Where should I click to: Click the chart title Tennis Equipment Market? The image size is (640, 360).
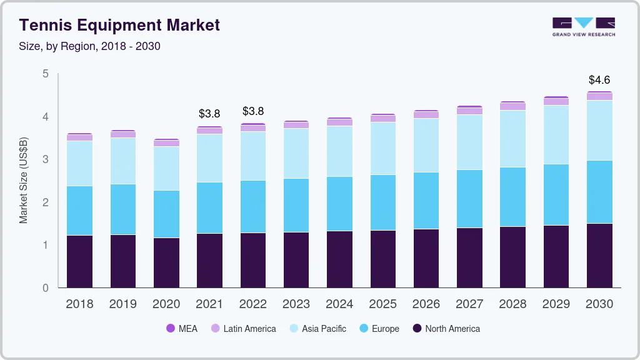(x=119, y=25)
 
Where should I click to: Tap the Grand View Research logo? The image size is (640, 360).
(x=583, y=26)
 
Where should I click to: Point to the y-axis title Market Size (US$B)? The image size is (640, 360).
(x=24, y=181)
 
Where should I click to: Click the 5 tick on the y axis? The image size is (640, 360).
(x=45, y=74)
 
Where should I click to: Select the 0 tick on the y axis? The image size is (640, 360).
(x=45, y=288)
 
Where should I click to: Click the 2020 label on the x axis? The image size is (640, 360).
(x=166, y=304)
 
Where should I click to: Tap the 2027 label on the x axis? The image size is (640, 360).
(x=469, y=304)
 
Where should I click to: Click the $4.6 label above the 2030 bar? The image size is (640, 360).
(x=599, y=80)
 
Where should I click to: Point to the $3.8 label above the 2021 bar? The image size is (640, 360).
(x=209, y=114)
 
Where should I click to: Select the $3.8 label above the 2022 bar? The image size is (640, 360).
(x=253, y=111)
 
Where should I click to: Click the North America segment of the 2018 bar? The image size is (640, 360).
(x=80, y=261)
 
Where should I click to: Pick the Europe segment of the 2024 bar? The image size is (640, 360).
(x=340, y=204)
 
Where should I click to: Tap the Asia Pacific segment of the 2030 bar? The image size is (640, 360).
(x=599, y=130)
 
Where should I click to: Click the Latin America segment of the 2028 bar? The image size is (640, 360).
(x=512, y=106)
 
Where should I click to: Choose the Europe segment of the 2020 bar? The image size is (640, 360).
(x=166, y=214)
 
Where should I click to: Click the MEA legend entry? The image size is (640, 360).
(x=182, y=329)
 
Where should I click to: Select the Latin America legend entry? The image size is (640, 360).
(x=243, y=329)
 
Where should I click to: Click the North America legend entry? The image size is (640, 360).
(x=446, y=329)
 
